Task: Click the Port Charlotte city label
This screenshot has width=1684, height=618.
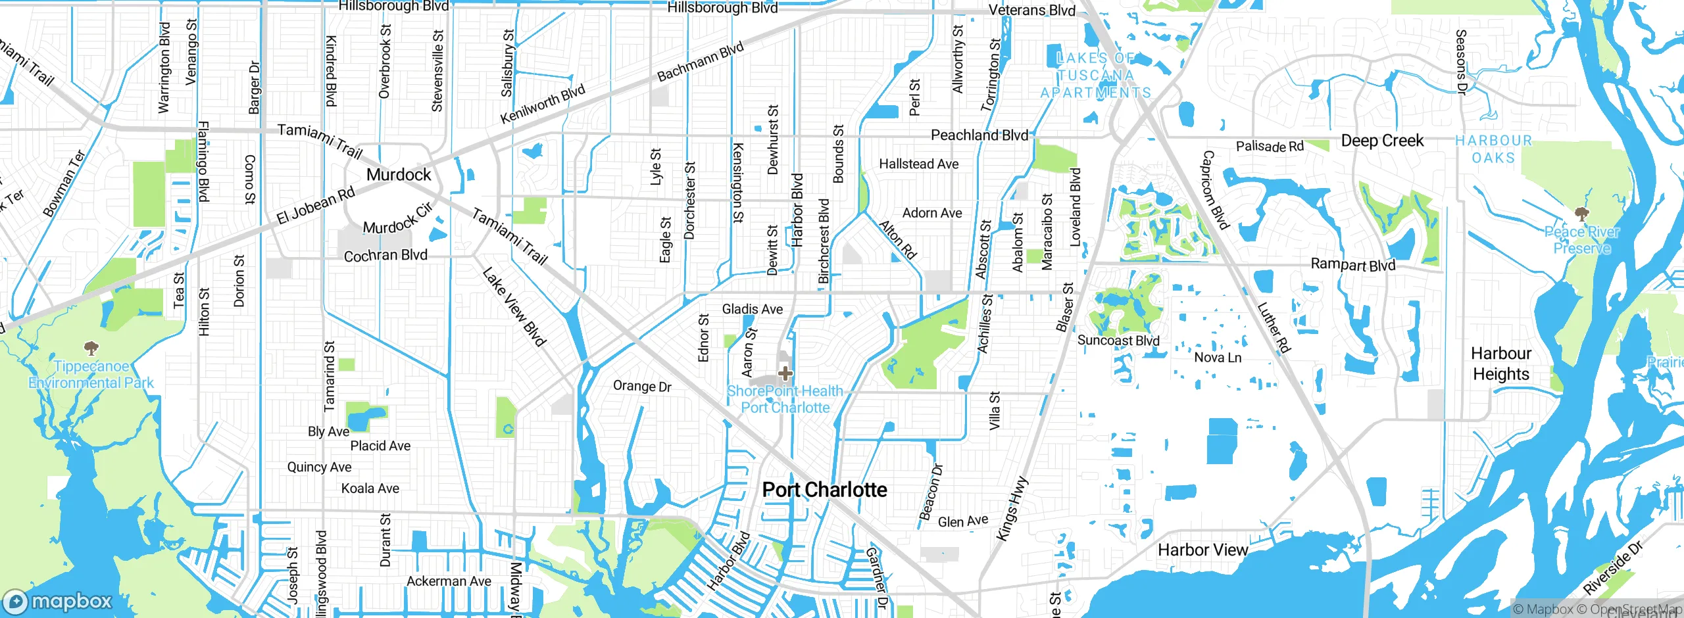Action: [x=824, y=490]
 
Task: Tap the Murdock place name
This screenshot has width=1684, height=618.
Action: [x=399, y=175]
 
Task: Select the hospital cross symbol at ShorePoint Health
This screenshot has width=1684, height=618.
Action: [x=785, y=373]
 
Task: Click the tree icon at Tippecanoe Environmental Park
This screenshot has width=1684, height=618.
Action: [x=91, y=348]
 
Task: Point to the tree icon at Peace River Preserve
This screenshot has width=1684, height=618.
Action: [x=1582, y=213]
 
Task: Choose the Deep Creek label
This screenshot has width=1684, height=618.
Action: [x=1382, y=141]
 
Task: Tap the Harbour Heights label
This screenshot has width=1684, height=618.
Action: [x=1501, y=364]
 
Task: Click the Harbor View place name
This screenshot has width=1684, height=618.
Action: [x=1202, y=550]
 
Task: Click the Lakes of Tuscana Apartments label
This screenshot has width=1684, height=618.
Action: [x=1096, y=76]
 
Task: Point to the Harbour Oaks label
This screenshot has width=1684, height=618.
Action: [x=1493, y=149]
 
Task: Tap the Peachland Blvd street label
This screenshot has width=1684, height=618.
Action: [x=979, y=135]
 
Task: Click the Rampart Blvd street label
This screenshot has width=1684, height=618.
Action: [x=1352, y=264]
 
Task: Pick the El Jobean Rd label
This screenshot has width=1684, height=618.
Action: [x=316, y=206]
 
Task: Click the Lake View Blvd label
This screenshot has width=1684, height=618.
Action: [x=514, y=307]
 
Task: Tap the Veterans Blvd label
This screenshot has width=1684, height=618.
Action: [x=1032, y=11]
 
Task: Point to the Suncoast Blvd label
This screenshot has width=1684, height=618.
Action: [x=1118, y=341]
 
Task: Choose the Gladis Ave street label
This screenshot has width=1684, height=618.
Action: [x=752, y=309]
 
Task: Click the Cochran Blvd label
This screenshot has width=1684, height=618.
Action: [x=385, y=256]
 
